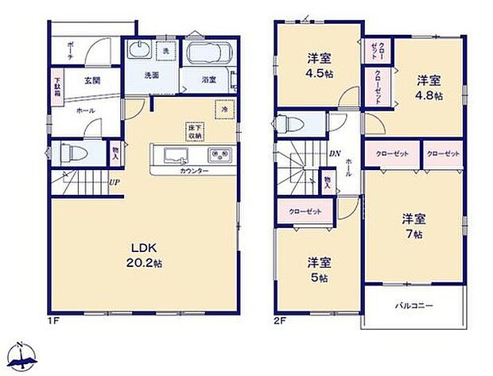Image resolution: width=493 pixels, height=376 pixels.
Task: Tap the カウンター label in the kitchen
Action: [x=194, y=171]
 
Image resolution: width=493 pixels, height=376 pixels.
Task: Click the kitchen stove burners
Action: [x=219, y=154]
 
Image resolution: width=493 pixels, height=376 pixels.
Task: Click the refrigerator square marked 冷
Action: [x=225, y=109]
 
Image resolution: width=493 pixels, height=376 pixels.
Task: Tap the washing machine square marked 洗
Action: [x=166, y=52]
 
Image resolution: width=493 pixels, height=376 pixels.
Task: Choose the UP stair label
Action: [x=114, y=180]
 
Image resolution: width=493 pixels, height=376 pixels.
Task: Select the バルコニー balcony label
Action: [x=411, y=305]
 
